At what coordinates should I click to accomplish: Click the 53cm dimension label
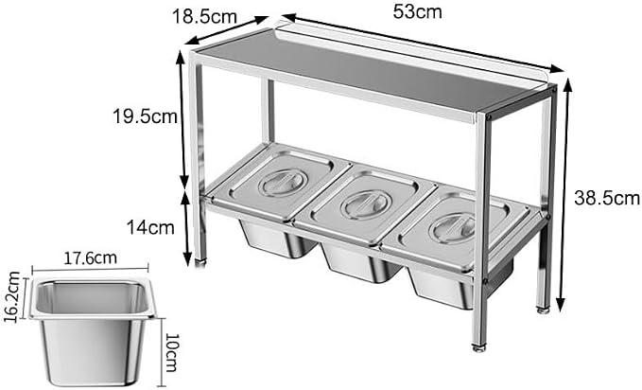click(x=418, y=11)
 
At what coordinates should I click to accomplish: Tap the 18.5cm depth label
click(x=205, y=17)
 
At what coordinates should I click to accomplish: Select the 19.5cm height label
click(x=146, y=116)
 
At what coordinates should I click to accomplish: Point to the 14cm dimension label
click(x=150, y=227)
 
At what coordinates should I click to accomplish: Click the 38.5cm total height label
click(x=607, y=198)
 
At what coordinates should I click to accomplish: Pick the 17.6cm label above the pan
click(x=90, y=258)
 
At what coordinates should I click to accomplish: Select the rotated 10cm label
click(x=172, y=352)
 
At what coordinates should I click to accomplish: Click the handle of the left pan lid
click(x=284, y=182)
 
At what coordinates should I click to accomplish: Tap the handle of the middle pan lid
click(x=366, y=204)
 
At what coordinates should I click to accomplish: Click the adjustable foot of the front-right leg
click(x=479, y=347)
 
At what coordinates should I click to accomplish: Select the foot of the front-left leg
click(x=200, y=261)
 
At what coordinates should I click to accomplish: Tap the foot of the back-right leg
click(x=544, y=310)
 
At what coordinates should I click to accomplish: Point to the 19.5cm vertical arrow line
click(x=183, y=120)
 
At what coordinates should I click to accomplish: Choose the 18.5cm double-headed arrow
click(x=226, y=30)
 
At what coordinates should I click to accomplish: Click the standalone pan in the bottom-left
click(x=93, y=331)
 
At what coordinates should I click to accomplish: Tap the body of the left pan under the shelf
click(x=278, y=239)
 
